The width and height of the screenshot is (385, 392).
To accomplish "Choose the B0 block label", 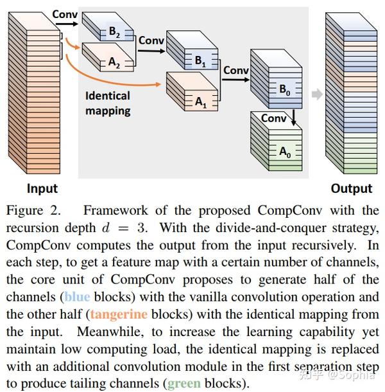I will click(x=284, y=91).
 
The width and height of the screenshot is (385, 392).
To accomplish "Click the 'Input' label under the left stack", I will click(x=42, y=188).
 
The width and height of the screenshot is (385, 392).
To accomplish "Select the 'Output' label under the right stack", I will click(x=351, y=188).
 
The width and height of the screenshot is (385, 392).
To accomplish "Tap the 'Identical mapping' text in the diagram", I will click(x=108, y=103).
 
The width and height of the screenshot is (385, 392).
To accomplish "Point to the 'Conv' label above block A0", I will click(x=274, y=118).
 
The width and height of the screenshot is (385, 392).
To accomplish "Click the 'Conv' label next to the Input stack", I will click(x=65, y=13).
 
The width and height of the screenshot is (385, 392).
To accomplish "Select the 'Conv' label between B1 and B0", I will click(x=235, y=70).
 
